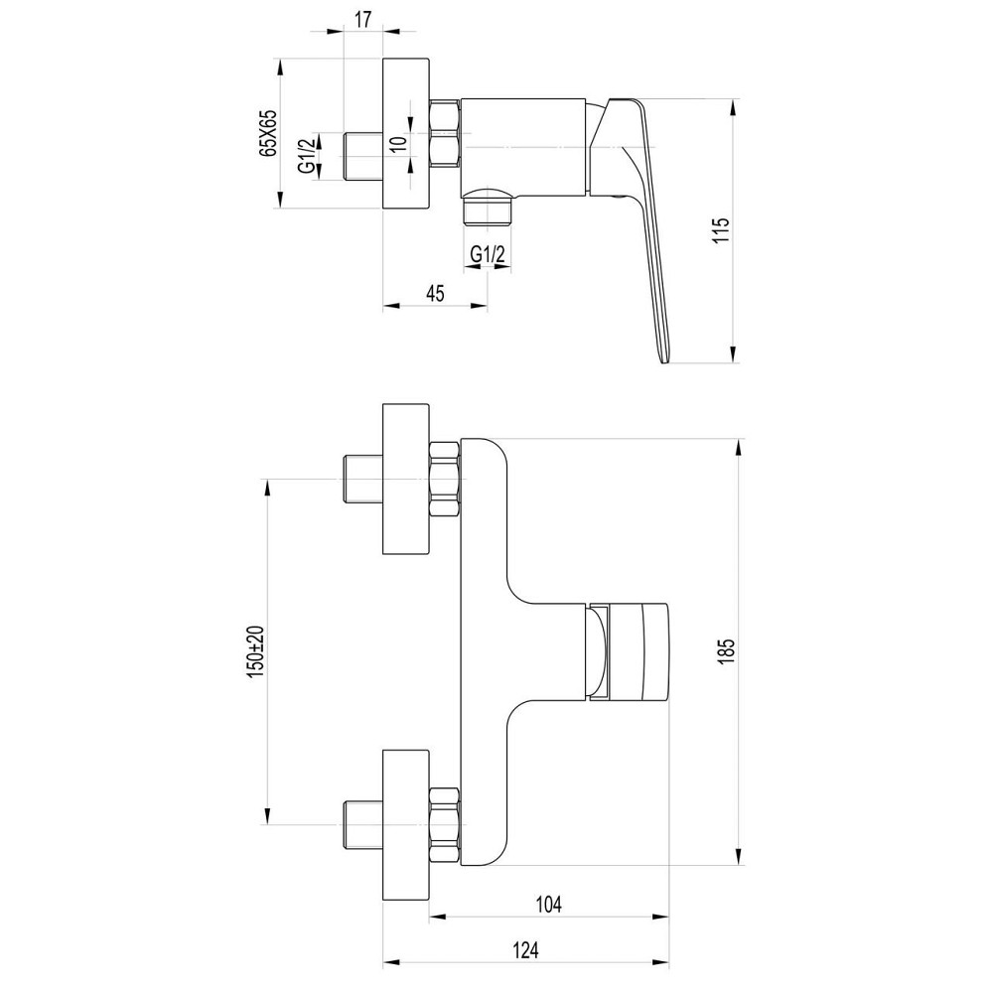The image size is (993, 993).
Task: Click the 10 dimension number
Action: point(398,142)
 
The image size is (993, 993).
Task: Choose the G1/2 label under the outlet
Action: point(489,254)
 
